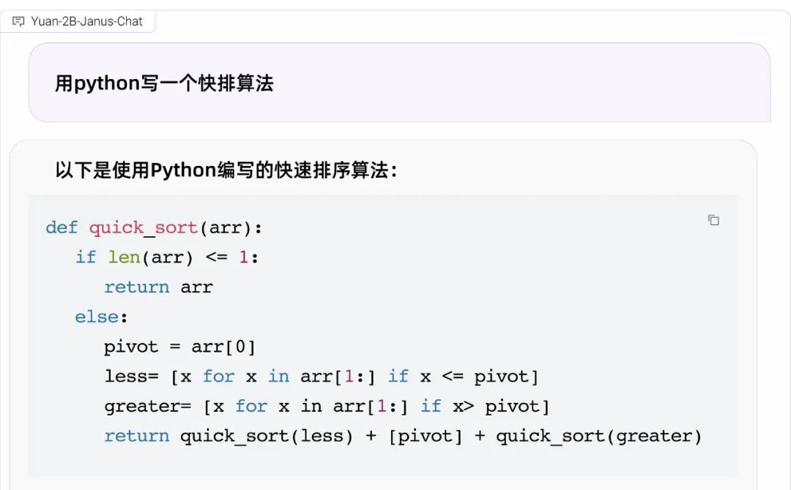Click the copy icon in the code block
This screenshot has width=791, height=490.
click(713, 220)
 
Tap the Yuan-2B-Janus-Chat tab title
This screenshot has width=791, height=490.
click(86, 21)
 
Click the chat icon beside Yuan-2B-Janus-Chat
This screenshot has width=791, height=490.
click(18, 22)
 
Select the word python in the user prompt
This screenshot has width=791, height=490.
click(106, 83)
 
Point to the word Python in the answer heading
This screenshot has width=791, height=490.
click(184, 170)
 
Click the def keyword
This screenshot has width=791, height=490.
click(62, 227)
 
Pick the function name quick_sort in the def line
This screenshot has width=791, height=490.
click(144, 228)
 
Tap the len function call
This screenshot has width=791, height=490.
click(124, 257)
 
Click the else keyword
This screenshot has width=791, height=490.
click(97, 317)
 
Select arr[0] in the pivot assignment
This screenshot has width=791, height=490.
click(223, 347)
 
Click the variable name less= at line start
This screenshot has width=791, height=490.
click(131, 376)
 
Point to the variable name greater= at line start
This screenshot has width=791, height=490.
click(148, 407)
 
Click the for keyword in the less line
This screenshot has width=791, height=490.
click(218, 376)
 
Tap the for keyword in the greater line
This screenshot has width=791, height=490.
click(251, 406)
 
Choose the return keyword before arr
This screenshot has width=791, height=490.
click(137, 287)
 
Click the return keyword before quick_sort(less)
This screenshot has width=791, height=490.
click(137, 436)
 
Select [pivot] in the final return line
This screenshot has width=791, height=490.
click(426, 436)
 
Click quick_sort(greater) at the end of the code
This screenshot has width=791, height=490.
click(599, 436)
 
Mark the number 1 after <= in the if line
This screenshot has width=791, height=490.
click(244, 257)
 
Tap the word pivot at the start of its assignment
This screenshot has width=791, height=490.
click(131, 347)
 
